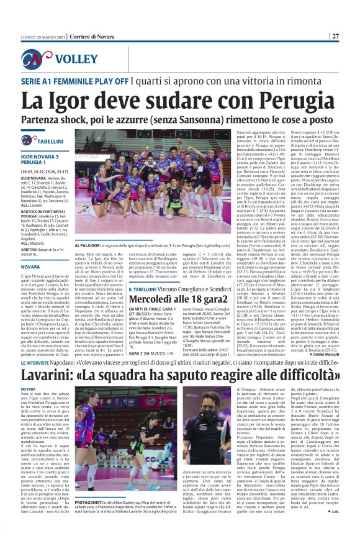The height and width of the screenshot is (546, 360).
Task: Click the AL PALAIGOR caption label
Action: click(x=90, y=246)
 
